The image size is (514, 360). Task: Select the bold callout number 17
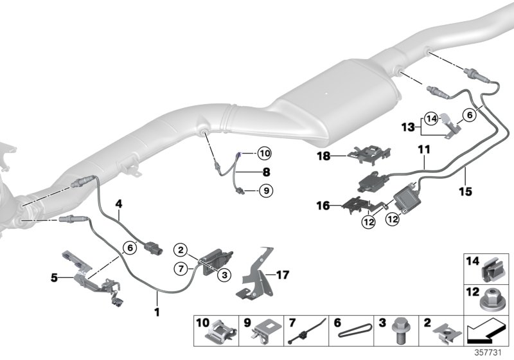point(282,274)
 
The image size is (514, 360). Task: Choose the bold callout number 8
point(249,172)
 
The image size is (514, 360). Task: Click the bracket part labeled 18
point(373,154)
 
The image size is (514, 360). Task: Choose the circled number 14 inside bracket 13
point(430,118)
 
